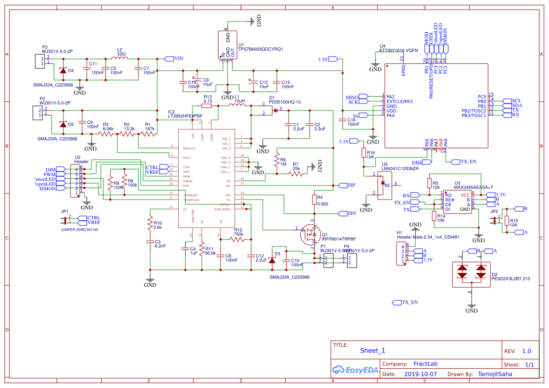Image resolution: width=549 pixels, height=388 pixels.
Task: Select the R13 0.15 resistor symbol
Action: coord(207,106)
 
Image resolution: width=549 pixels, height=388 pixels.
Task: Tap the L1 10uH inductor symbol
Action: coord(238,106)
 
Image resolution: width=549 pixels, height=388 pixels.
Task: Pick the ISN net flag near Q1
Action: coord(346,213)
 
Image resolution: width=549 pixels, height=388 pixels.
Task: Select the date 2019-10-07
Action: coord(420,374)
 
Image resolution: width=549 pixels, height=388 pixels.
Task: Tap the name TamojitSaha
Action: coord(495,374)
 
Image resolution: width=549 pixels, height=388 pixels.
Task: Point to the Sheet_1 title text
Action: coord(373,351)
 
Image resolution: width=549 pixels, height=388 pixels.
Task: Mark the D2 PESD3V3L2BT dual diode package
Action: coord(471,274)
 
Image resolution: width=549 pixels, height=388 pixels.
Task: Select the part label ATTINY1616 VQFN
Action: coord(398,50)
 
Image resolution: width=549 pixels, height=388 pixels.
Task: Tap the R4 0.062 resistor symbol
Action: coord(314,200)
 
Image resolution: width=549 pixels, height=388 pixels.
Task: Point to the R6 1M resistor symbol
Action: coord(277,162)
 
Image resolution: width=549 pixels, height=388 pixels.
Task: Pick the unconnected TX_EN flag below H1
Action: coord(405,302)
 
